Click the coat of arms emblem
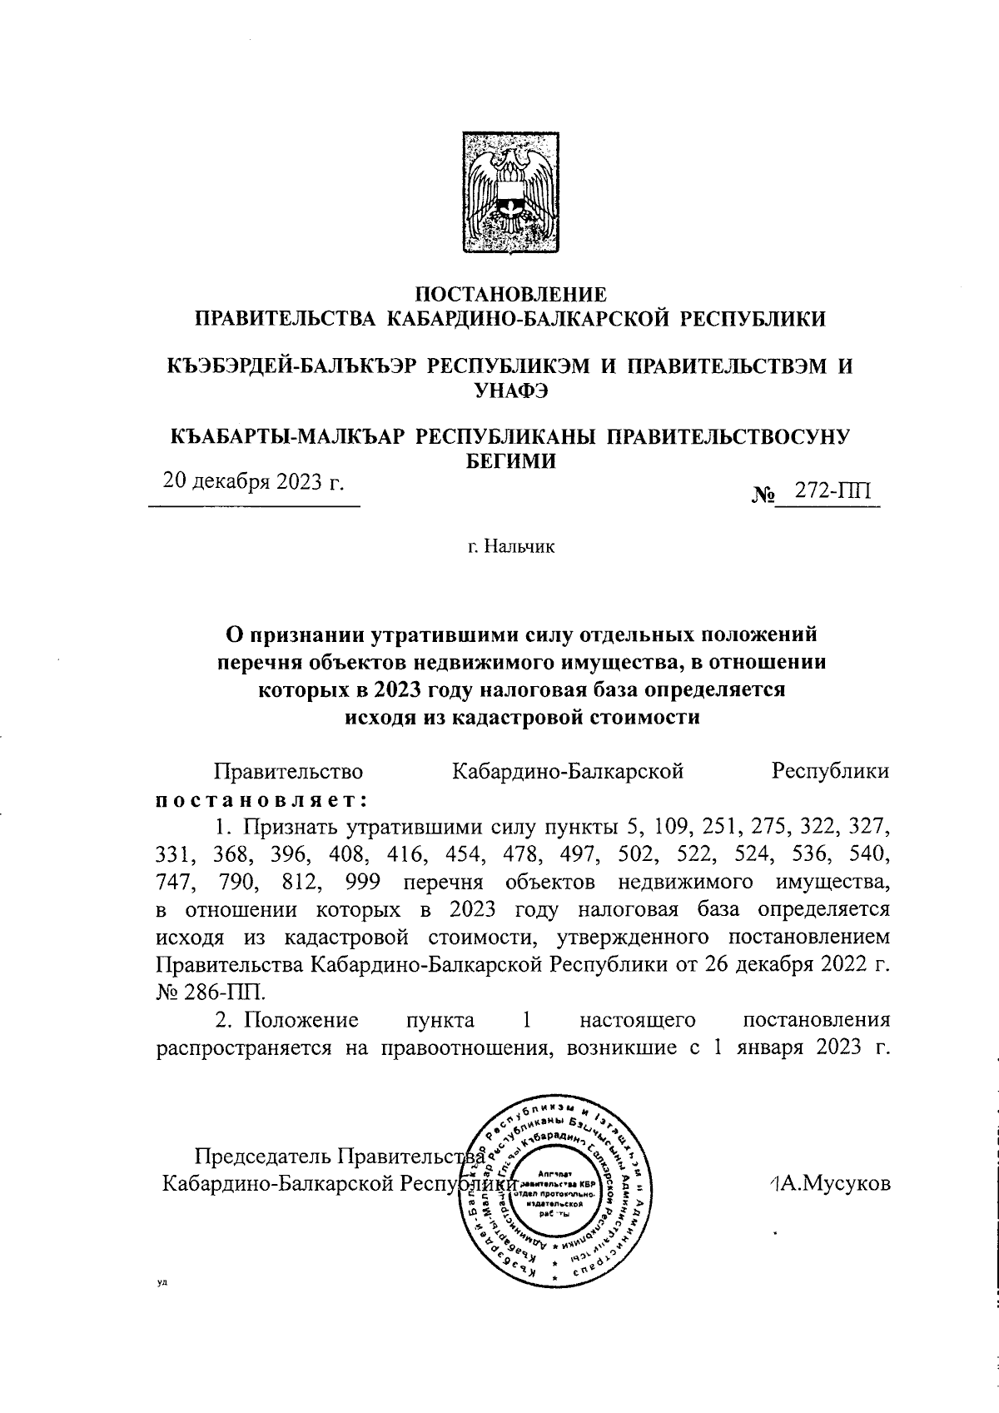point(510,194)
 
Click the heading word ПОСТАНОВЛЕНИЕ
point(510,294)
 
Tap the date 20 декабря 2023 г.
point(253,482)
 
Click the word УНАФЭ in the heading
point(510,389)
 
